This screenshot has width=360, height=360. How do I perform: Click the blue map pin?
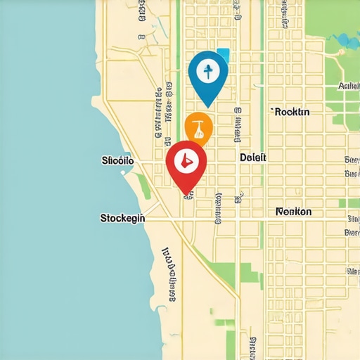pos(209,74)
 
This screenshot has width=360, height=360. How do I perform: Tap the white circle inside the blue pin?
pos(208,70)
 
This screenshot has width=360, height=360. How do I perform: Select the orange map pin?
pos(198,128)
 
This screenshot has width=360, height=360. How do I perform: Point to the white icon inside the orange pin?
pos(199,128)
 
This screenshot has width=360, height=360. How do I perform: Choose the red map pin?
pos(185,164)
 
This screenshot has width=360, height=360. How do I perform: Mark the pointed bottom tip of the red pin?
pos(186,193)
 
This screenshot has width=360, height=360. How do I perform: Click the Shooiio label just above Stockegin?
pos(117,161)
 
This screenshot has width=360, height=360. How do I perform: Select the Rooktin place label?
pos(295,112)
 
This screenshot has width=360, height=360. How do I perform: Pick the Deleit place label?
pos(253,158)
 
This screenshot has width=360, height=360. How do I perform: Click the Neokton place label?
pos(294,212)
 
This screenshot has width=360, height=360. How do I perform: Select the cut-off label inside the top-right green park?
pos(348,86)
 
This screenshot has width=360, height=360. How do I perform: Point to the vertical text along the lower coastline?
pos(169,274)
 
